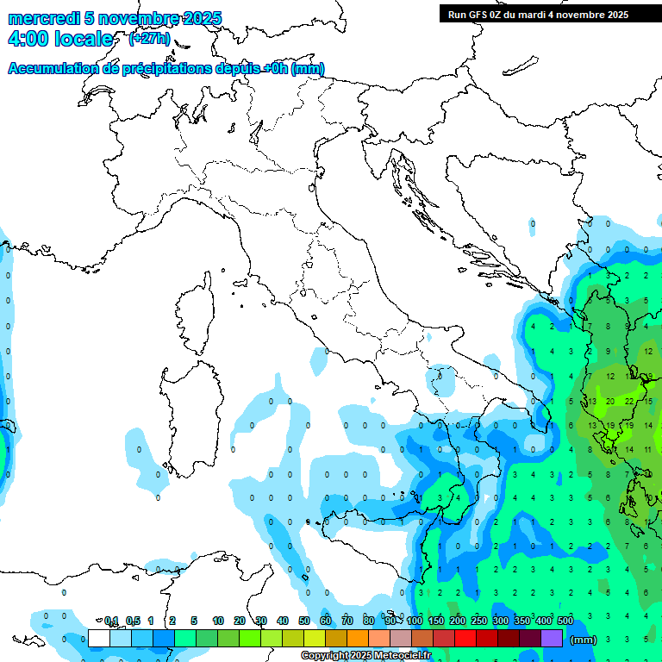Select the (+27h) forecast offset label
click(x=149, y=38)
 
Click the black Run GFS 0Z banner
click(x=538, y=15)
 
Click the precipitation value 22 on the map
click(x=629, y=401)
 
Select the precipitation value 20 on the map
click(x=609, y=401)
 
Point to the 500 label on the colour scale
click(x=565, y=621)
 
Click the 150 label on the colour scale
click(x=435, y=621)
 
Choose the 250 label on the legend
click(x=478, y=621)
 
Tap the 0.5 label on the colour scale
click(x=133, y=621)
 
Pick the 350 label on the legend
click(x=521, y=621)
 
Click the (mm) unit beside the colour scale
click(x=584, y=640)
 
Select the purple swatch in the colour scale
click(x=552, y=638)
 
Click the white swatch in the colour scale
click(x=99, y=638)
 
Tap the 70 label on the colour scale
click(x=347, y=621)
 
